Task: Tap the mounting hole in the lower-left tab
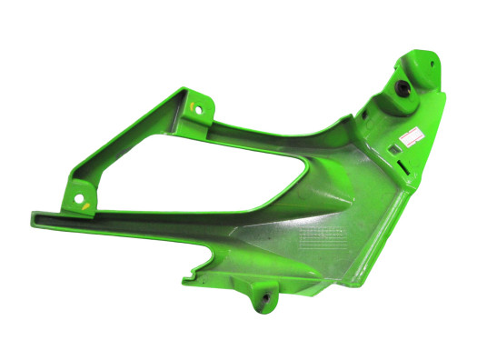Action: (78, 195)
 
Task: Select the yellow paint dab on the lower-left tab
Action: (84, 205)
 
